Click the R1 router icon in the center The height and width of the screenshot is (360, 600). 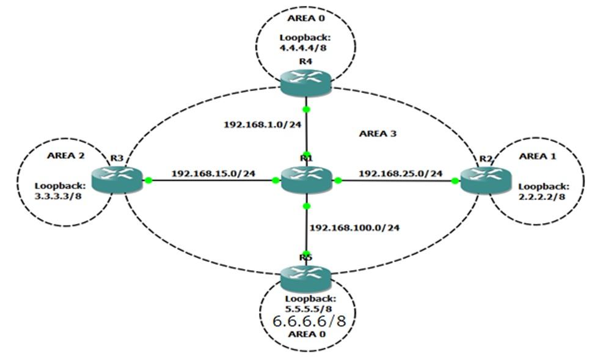pyautogui.click(x=305, y=180)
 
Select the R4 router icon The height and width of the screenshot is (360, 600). pyautogui.click(x=305, y=83)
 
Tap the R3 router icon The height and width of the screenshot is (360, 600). pyautogui.click(x=116, y=180)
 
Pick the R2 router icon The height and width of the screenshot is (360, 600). pyautogui.click(x=485, y=180)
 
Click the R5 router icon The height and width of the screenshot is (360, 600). pyautogui.click(x=305, y=279)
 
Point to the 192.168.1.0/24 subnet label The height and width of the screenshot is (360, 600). pyautogui.click(x=254, y=124)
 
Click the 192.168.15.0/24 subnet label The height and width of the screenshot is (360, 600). pyautogui.click(x=213, y=174)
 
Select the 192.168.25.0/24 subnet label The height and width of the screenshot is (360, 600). pyautogui.click(x=400, y=174)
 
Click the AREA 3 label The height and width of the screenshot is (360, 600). pyautogui.click(x=378, y=133)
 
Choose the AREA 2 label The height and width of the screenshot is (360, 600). pyautogui.click(x=66, y=155)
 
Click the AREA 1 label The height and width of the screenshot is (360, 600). pyautogui.click(x=538, y=156)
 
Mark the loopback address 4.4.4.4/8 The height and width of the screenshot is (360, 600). pyautogui.click(x=305, y=48)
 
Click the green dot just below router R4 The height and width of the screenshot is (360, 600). pyautogui.click(x=306, y=110)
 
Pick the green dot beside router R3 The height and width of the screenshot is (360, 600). pyautogui.click(x=148, y=180)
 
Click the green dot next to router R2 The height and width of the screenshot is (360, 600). pyautogui.click(x=455, y=180)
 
